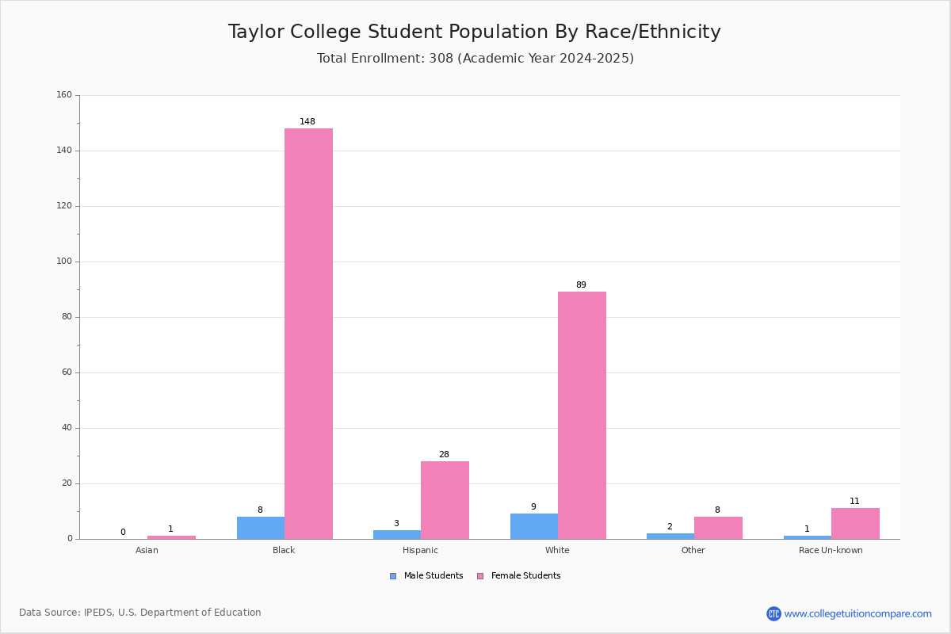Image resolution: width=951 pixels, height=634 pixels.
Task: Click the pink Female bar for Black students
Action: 308,334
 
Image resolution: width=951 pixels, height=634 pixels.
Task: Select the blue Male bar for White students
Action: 534,526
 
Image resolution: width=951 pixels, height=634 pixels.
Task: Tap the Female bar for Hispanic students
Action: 445,500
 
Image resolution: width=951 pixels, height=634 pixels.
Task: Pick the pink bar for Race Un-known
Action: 855,524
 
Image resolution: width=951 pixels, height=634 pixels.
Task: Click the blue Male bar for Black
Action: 261,528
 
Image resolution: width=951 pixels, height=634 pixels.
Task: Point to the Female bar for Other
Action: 718,528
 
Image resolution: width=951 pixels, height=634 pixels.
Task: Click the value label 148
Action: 307,121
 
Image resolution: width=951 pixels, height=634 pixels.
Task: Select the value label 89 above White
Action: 581,285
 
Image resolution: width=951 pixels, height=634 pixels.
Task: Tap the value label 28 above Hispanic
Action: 444,454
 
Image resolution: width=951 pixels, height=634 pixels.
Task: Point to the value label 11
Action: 854,501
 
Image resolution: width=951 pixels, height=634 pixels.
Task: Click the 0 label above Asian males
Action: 123,532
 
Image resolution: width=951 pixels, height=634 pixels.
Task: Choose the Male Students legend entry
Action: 426,576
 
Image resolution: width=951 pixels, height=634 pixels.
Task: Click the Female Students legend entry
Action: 519,576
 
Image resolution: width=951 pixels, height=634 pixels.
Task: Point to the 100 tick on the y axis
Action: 64,262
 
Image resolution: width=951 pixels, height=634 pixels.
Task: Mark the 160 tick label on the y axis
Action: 64,94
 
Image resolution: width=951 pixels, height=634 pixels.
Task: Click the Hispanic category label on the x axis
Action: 420,550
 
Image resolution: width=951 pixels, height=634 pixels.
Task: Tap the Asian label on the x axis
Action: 147,550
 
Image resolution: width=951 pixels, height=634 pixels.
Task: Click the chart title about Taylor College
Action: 475,32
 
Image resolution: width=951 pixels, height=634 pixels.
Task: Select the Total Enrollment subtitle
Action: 475,58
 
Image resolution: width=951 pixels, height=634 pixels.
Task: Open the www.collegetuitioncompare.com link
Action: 857,613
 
